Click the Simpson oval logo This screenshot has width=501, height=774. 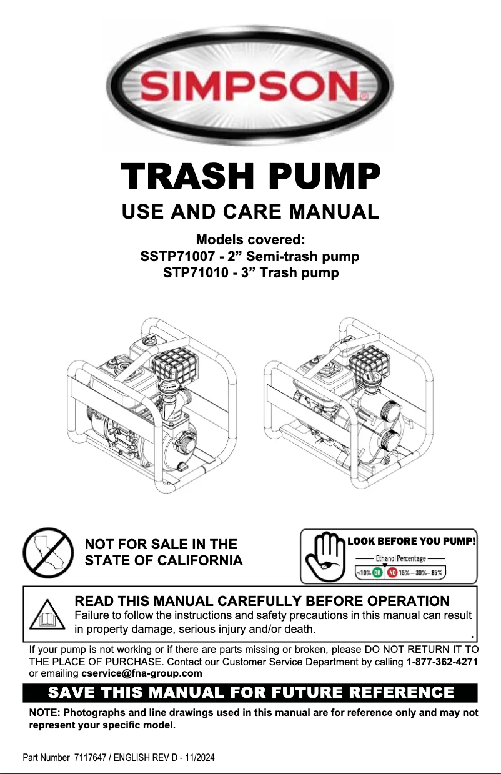pos(250,84)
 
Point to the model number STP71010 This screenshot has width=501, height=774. pos(194,273)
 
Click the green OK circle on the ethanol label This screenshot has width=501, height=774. pos(378,572)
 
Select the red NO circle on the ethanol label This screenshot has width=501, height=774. pos(393,572)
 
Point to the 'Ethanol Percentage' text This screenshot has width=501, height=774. pos(400,558)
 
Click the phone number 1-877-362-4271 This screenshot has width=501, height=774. pos(442,661)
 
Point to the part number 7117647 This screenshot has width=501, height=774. pos(92,758)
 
